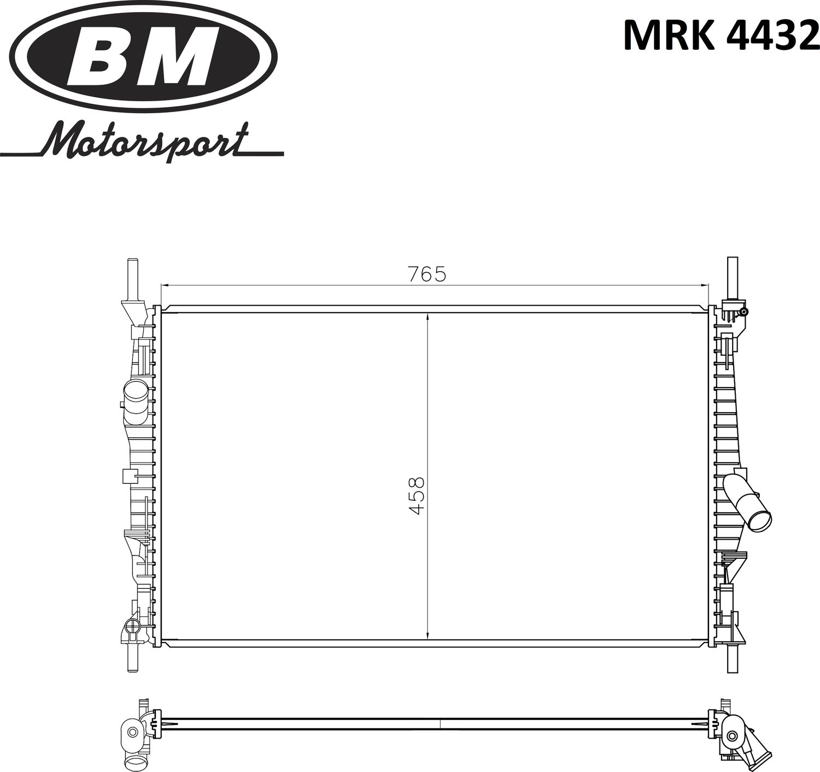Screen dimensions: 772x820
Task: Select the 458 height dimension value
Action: pos(417,496)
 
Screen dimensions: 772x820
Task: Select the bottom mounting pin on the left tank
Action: pos(132,658)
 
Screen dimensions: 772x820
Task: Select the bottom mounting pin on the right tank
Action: pos(732,658)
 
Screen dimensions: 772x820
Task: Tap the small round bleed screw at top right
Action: pos(743,312)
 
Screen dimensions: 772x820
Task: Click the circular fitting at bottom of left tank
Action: pos(132,627)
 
